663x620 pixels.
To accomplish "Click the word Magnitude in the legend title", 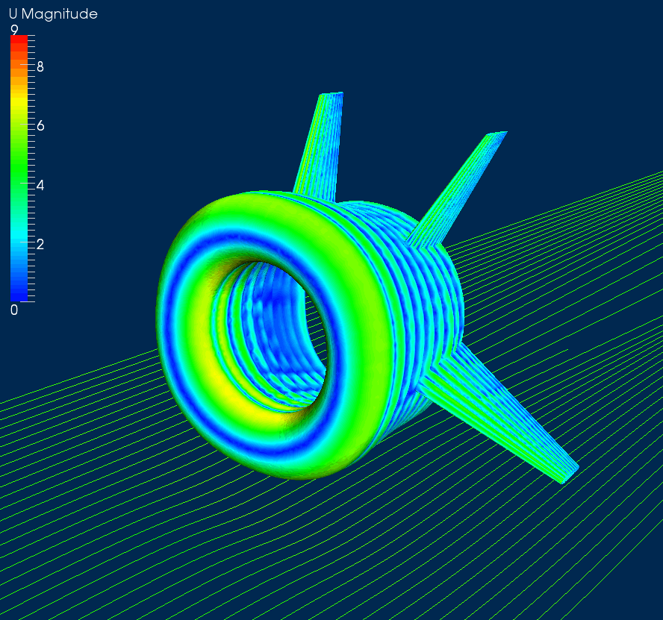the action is click(x=59, y=15).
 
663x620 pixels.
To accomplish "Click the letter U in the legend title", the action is click(x=13, y=14).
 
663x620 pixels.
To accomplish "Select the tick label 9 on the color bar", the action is click(x=14, y=30).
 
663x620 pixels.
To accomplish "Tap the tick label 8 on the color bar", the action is click(x=40, y=67).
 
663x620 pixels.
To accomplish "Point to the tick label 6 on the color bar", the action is click(x=40, y=126).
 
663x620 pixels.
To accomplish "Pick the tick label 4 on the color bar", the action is click(x=40, y=185).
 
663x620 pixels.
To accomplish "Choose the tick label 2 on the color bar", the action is click(x=40, y=244).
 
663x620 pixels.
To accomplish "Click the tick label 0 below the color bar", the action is click(x=14, y=310).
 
